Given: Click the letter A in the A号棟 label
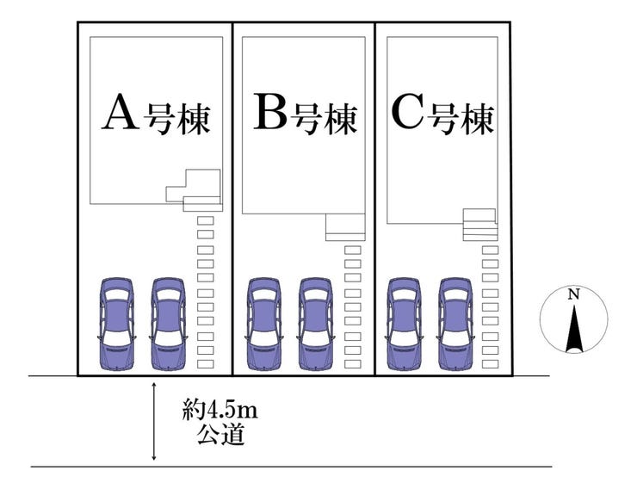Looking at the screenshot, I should point(120,113).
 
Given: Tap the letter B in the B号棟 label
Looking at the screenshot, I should point(270,113).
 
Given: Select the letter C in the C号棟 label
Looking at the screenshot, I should point(409,113).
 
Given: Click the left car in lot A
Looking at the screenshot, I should point(116,323).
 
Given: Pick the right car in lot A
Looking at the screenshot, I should point(169,323).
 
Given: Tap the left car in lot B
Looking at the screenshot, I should point(263,323).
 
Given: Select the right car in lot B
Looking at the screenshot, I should point(316,323).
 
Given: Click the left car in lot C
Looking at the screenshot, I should point(403,323).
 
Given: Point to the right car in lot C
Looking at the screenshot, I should point(455,323).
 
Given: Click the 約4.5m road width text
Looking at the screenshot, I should point(220,410).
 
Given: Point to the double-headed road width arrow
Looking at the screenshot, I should point(153,422).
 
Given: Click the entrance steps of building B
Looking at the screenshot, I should point(345,228).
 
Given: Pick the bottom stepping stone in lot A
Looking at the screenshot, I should point(206,365).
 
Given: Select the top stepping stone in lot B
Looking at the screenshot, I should point(352,251).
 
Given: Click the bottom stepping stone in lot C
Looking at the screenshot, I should point(490,365).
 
